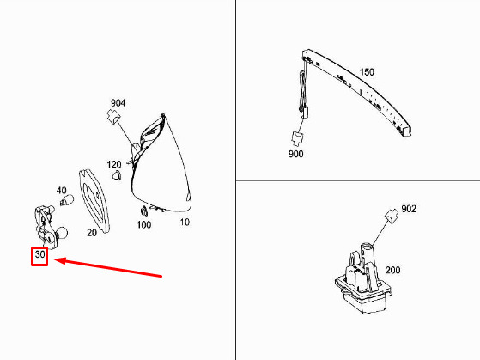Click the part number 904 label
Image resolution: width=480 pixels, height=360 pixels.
point(118,103)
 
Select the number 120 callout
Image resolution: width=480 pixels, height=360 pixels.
point(114,164)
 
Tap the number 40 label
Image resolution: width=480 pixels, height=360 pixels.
point(61,191)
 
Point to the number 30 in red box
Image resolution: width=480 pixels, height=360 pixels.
point(39,254)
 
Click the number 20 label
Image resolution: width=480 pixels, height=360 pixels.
point(92,233)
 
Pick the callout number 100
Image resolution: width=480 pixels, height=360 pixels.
point(144,224)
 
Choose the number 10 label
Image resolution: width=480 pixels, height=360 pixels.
point(185,223)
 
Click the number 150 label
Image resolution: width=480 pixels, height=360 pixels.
point(367,72)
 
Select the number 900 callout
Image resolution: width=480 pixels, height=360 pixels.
point(295,154)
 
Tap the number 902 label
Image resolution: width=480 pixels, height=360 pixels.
point(409,209)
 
